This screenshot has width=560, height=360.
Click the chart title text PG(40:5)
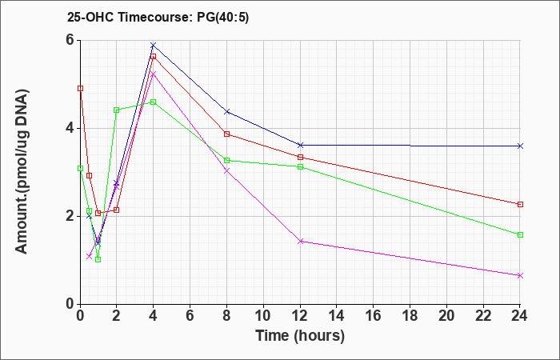click(x=223, y=18)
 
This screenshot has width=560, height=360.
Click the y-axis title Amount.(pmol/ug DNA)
click(x=22, y=171)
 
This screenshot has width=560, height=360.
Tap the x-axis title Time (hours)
click(x=300, y=336)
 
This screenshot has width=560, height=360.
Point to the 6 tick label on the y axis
click(x=71, y=40)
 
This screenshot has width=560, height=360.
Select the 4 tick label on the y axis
click(x=71, y=128)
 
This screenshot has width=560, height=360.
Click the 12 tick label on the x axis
click(x=300, y=316)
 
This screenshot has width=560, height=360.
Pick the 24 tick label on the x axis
click(x=520, y=316)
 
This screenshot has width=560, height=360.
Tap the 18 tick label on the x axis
click(x=410, y=316)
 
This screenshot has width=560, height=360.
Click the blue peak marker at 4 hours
click(x=154, y=45)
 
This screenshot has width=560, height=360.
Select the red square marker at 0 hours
click(x=80, y=88)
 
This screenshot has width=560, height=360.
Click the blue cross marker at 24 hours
click(x=520, y=146)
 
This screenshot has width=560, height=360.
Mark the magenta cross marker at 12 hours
click(x=300, y=241)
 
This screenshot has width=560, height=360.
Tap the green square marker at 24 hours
click(x=520, y=234)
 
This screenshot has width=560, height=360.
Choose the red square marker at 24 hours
click(x=520, y=204)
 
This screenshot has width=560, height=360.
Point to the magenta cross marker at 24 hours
click(x=520, y=275)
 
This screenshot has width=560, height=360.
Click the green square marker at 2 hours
click(x=117, y=110)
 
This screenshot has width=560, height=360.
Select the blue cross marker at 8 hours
click(x=226, y=111)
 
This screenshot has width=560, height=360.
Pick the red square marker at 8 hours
click(x=226, y=134)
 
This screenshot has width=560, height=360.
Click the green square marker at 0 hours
click(x=80, y=168)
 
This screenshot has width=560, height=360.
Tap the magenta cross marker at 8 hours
click(x=226, y=170)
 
